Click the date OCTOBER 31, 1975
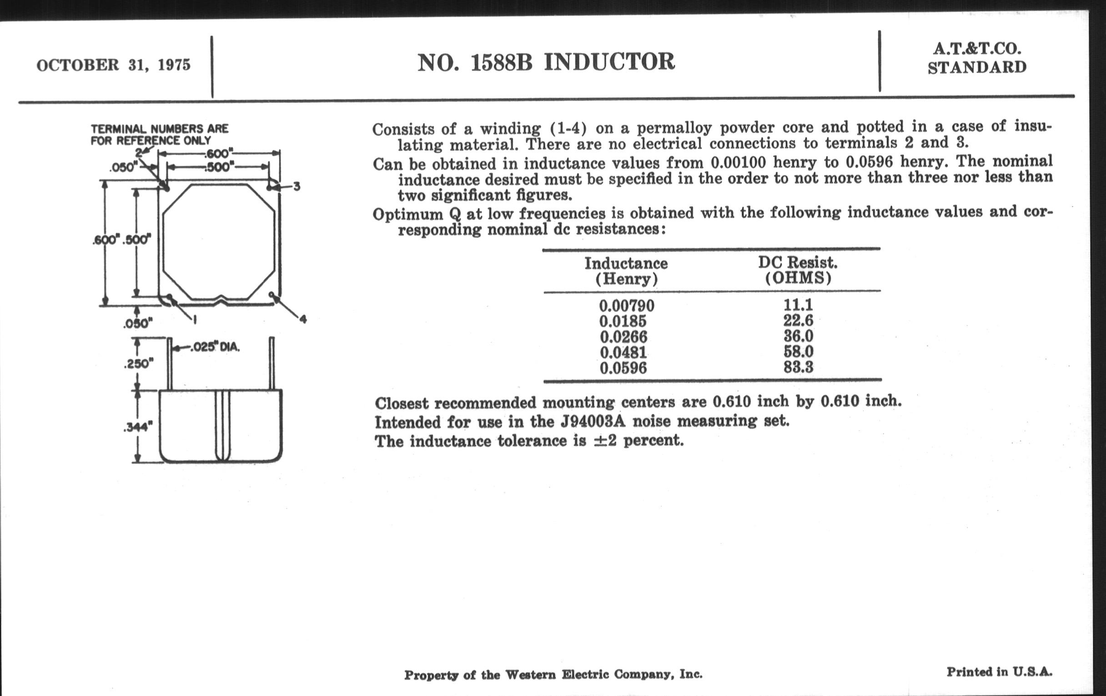tap(113, 65)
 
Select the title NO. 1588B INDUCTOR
tap(546, 62)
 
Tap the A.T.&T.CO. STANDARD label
tap(977, 58)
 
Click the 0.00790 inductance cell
tap(627, 306)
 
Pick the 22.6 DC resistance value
tap(798, 320)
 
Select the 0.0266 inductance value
tap(623, 337)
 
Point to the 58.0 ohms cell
tap(798, 352)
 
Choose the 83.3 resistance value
tap(798, 367)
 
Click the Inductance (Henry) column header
tap(626, 271)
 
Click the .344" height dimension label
tap(138, 427)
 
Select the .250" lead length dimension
tap(138, 364)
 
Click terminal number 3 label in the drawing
tap(297, 187)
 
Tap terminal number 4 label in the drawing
tap(303, 319)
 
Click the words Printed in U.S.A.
tap(1000, 671)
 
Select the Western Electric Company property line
tap(553, 675)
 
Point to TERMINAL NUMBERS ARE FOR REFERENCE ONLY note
tap(159, 134)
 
